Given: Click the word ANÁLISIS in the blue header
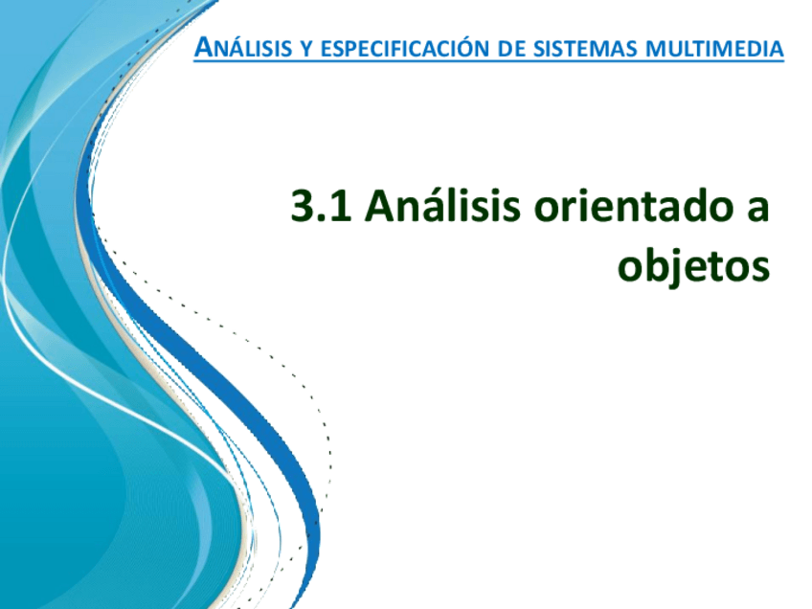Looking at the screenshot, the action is coord(243,47).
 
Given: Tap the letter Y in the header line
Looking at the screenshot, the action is coord(305,48).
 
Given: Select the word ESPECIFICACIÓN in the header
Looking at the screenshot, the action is coord(405,47).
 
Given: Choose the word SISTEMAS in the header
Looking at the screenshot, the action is coord(585,48).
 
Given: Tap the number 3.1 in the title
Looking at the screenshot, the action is coord(321,206).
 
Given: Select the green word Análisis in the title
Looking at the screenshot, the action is coord(442,205).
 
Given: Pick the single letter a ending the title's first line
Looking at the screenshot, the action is coord(757,209).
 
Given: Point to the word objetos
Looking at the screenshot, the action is coord(694,265).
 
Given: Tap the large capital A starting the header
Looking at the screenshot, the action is coord(204,47).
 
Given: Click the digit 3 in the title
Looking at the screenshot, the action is coord(302,206).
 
